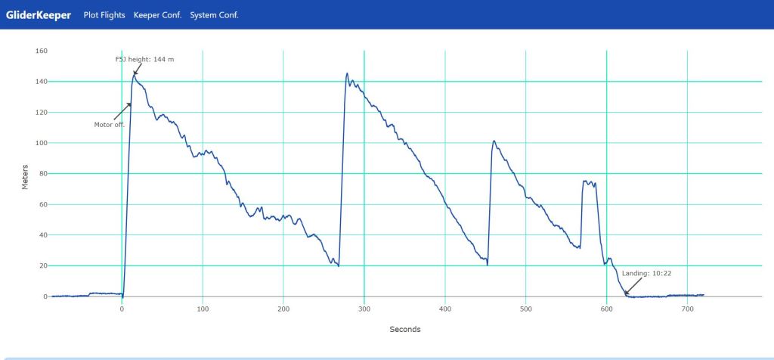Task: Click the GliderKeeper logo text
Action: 38,14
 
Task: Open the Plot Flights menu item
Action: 104,15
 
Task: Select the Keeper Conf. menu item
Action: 157,15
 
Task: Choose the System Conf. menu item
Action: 214,15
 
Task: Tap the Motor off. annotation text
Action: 109,124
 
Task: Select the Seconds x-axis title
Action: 405,330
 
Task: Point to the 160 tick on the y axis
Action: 42,51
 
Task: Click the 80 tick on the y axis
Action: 43,174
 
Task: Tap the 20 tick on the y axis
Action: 43,266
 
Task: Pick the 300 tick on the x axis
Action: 364,309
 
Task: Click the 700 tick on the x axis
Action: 687,309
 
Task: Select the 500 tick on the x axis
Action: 525,309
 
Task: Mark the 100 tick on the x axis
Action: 203,309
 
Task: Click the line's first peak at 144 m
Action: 135,74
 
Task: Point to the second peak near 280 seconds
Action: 347,73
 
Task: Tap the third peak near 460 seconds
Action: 494,141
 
